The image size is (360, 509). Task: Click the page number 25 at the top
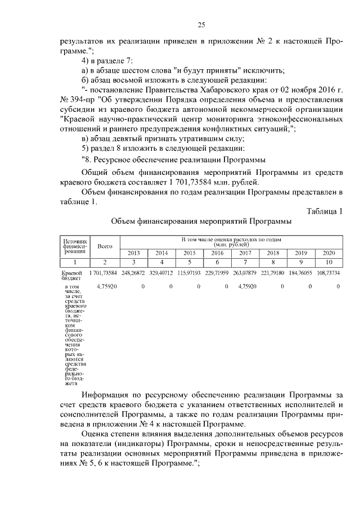(x=201, y=24)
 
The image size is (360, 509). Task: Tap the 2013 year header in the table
(x=134, y=253)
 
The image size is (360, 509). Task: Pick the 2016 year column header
(x=217, y=253)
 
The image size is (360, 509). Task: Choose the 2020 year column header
(x=328, y=253)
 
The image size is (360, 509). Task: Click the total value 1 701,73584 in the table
(x=102, y=273)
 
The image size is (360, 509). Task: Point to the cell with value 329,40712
(x=161, y=273)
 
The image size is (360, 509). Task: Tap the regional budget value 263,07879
(x=244, y=273)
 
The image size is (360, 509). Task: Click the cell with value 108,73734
(x=328, y=273)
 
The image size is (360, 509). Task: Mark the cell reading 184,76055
(x=300, y=273)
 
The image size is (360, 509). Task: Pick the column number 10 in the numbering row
(x=328, y=262)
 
